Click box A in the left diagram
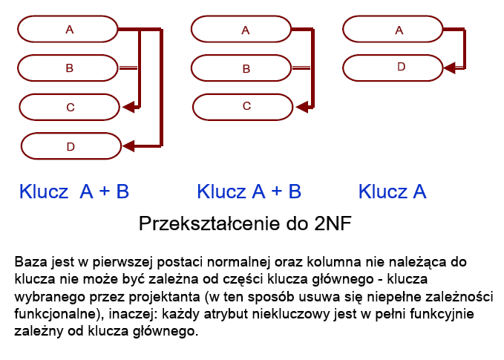point(68,29)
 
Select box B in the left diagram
point(68,68)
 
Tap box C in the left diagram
point(69,107)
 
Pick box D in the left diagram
point(71,146)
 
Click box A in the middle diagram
point(241,29)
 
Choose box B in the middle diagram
point(241,68)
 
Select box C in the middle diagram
point(243,107)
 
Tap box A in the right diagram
point(393,29)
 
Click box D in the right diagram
point(393,68)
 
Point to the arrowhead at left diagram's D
point(128,146)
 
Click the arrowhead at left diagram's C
point(128,107)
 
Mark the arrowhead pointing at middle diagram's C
point(301,107)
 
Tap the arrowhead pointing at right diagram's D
point(449,68)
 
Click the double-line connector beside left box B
point(128,68)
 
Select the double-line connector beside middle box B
point(301,68)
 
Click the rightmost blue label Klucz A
point(393,192)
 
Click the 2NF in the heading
point(333,223)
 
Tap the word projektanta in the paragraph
point(164,297)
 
